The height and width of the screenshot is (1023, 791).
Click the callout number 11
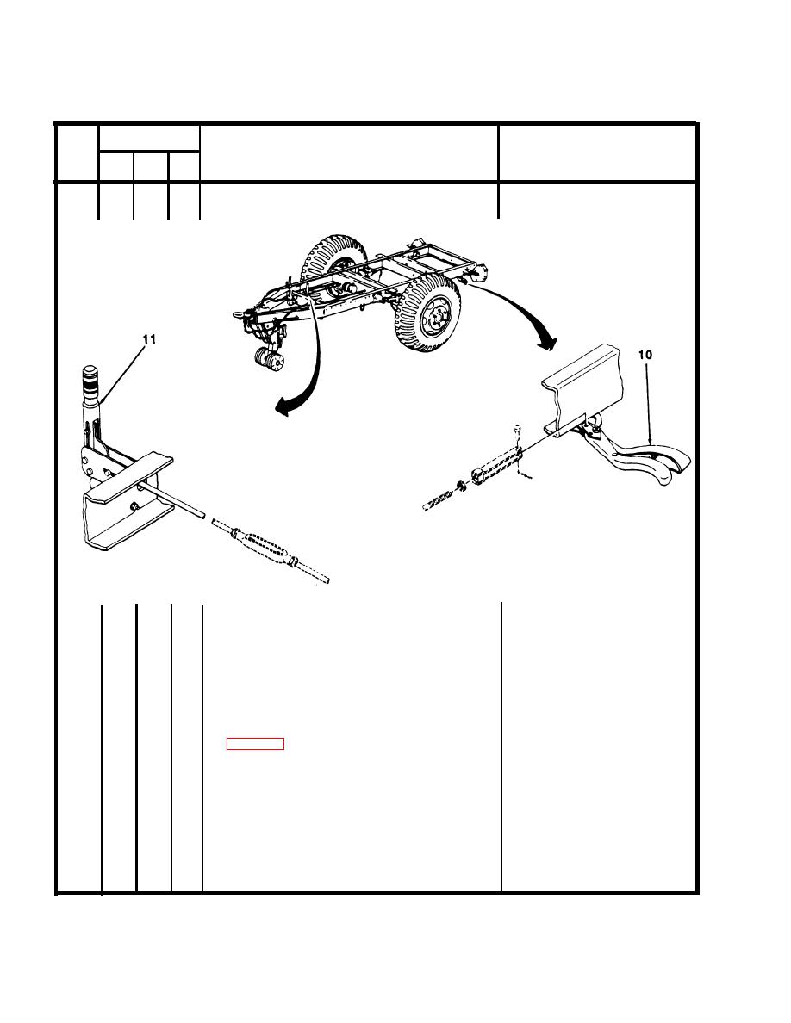click(x=149, y=339)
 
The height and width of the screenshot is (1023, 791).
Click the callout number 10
click(x=645, y=355)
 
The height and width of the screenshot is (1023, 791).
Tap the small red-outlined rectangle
click(x=255, y=744)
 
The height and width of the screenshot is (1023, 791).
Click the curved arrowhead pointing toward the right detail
click(x=547, y=340)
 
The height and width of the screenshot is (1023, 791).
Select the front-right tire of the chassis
click(x=429, y=313)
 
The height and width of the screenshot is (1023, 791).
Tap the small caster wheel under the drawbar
click(x=268, y=360)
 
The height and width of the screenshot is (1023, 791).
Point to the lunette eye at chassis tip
click(x=237, y=314)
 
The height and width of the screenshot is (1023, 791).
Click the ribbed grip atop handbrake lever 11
click(x=88, y=378)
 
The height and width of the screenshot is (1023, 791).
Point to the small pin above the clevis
click(x=516, y=429)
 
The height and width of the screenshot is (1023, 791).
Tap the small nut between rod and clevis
click(x=461, y=484)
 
